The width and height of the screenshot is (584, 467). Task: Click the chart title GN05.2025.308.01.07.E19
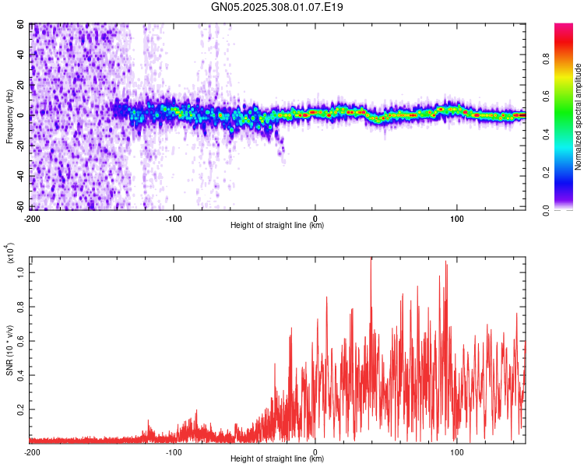pos(277,7)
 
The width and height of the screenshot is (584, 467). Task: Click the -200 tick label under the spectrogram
pos(33,217)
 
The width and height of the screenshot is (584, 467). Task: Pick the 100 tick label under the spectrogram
pos(457,217)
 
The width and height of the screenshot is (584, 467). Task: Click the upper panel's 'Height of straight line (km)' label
pos(277,226)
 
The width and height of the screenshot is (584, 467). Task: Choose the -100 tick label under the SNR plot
pos(174,451)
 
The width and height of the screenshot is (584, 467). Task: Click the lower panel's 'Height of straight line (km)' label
pos(277,459)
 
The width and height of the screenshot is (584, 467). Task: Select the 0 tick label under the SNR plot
pos(315,451)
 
